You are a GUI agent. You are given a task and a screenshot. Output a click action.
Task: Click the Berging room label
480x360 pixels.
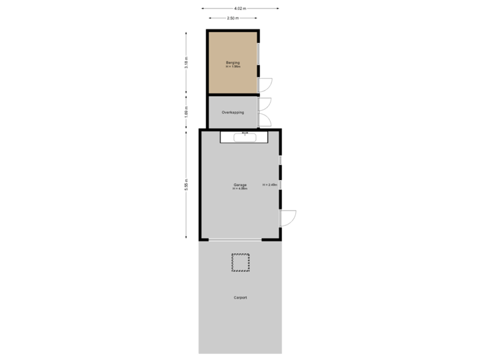pyautogui.click(x=233, y=63)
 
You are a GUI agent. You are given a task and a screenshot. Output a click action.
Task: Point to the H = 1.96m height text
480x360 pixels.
pyautogui.click(x=233, y=67)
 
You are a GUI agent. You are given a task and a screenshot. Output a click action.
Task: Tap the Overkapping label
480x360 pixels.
pyautogui.click(x=233, y=113)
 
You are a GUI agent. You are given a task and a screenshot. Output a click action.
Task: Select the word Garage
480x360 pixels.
pyautogui.click(x=240, y=185)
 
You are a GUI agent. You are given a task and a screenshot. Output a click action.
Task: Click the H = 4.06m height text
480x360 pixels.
pyautogui.click(x=240, y=189)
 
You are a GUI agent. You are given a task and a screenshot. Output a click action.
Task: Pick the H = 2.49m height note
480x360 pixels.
pyautogui.click(x=269, y=185)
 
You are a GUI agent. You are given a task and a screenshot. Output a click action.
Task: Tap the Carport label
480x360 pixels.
pyautogui.click(x=240, y=297)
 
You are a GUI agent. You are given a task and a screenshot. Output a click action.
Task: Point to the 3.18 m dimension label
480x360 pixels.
pyautogui.click(x=186, y=63)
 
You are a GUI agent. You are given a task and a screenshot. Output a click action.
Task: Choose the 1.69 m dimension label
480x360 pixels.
pyautogui.click(x=186, y=113)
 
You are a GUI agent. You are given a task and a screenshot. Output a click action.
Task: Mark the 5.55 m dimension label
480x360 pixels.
pyautogui.click(x=186, y=185)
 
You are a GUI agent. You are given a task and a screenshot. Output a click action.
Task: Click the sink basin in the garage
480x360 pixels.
pyautogui.click(x=245, y=137)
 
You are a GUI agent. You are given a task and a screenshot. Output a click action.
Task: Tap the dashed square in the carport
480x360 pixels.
pyautogui.click(x=240, y=263)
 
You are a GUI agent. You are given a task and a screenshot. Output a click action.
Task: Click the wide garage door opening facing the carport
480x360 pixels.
pyautogui.click(x=240, y=240)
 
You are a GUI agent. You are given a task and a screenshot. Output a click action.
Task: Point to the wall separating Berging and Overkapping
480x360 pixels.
pyautogui.click(x=233, y=96)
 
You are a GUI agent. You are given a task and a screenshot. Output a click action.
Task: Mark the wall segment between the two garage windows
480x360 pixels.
pyautogui.click(x=281, y=172)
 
